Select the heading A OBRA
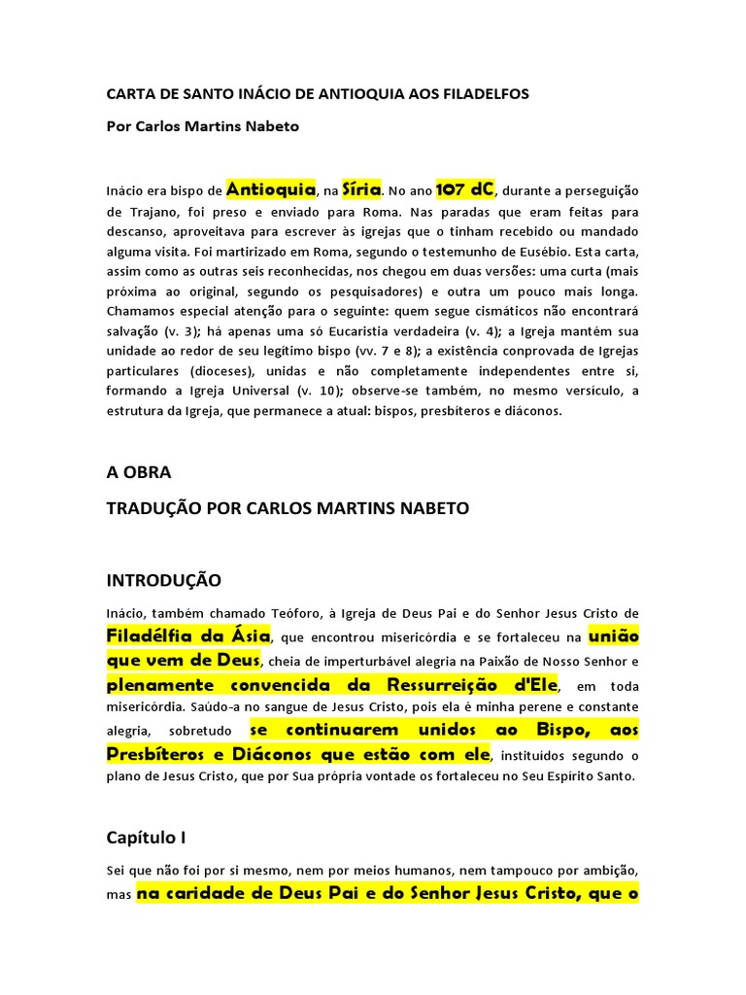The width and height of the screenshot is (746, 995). [x=138, y=472]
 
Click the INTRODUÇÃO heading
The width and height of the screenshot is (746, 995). [x=163, y=580]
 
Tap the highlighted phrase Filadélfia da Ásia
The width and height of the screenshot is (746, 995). [x=188, y=636]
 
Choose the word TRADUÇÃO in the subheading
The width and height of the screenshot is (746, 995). [x=156, y=508]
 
